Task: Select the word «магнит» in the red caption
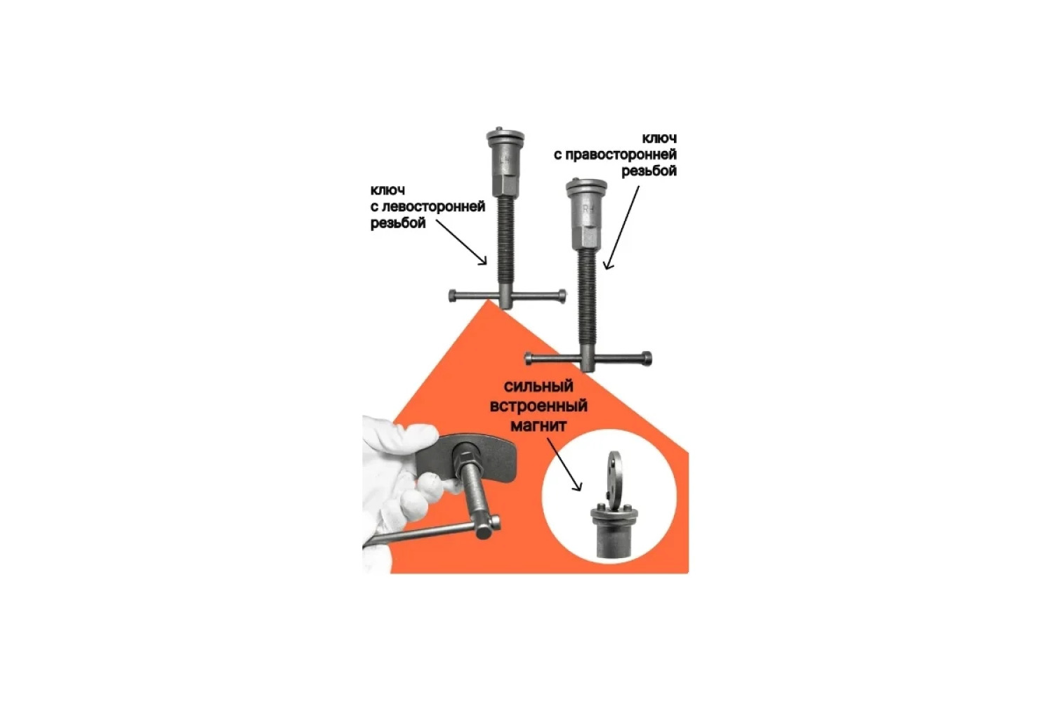point(538,425)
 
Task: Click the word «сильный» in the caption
point(538,387)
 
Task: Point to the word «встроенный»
point(538,406)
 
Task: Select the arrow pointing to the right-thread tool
point(621,227)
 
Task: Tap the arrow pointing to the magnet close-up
point(564,463)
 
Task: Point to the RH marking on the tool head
point(588,210)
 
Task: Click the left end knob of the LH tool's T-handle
point(452,296)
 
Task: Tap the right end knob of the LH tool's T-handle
point(562,296)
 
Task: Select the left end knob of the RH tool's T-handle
point(529,358)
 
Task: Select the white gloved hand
point(399,484)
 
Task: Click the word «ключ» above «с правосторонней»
point(660,139)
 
